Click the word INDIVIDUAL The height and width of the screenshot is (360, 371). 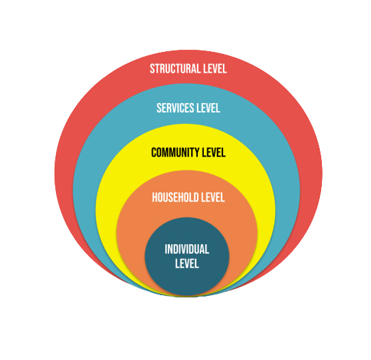(x=187, y=249)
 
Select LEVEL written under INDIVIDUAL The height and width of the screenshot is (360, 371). (x=187, y=263)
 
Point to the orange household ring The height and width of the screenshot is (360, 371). (x=132, y=237)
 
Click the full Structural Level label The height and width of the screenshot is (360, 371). (x=188, y=69)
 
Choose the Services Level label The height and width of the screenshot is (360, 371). (x=188, y=108)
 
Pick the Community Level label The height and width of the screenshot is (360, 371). (x=188, y=152)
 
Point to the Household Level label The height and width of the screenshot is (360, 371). (x=188, y=197)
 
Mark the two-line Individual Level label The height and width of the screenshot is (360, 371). (x=187, y=256)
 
